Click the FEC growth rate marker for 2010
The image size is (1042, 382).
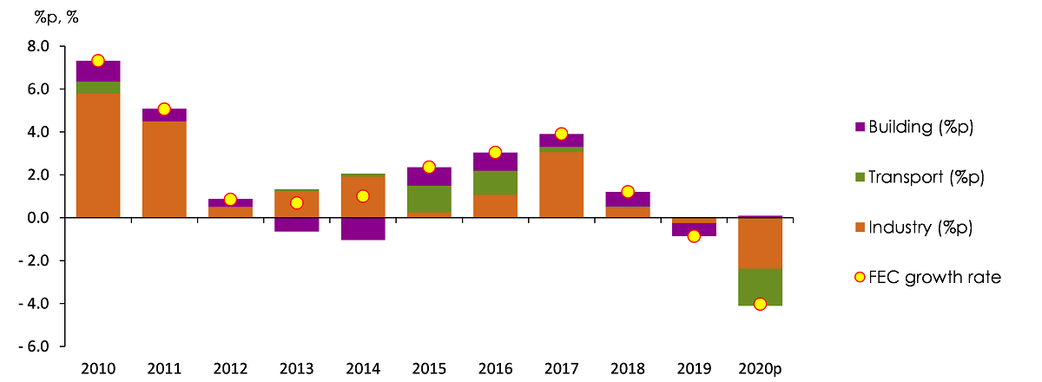tap(98, 61)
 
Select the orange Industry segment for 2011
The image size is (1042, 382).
tap(164, 169)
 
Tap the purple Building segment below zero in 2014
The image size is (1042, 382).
tap(362, 228)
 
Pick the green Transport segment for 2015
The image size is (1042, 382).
tap(428, 199)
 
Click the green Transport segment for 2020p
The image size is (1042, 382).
tap(760, 286)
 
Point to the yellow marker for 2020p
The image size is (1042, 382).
tap(760, 304)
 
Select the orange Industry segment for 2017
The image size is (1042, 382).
tap(561, 185)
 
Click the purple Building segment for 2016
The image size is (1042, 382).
tap(495, 161)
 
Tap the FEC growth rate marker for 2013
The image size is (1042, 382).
tap(296, 203)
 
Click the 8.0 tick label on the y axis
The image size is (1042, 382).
tap(39, 46)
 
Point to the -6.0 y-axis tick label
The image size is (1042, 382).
tap(36, 346)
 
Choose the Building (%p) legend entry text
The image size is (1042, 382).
tap(926, 127)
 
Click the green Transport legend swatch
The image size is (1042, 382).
tap(861, 178)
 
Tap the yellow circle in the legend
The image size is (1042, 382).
tap(861, 278)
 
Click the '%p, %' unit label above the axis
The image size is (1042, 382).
tap(56, 17)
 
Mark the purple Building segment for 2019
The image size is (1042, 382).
tap(694, 229)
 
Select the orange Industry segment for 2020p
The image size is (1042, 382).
tap(760, 243)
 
